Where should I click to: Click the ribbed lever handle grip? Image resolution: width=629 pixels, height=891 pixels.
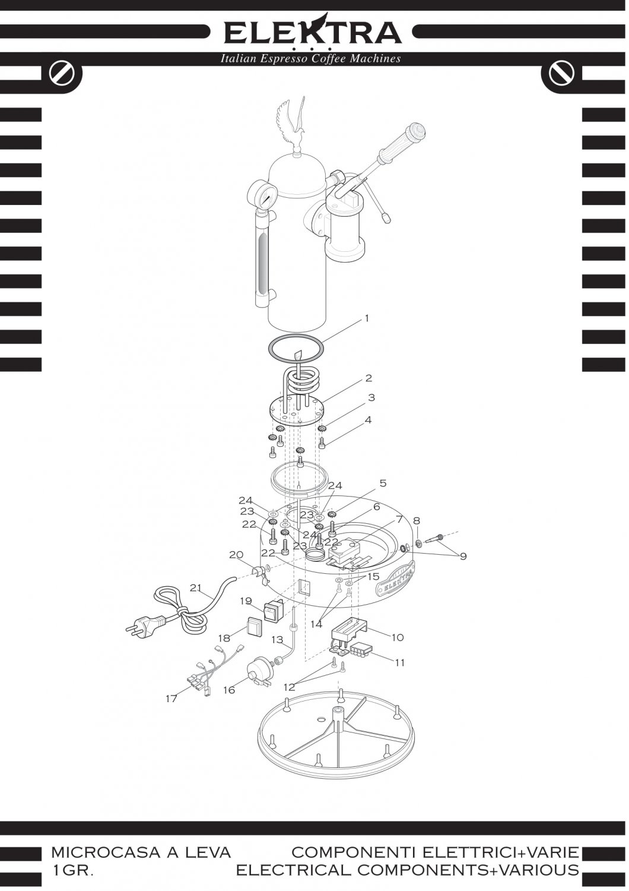pos(404,143)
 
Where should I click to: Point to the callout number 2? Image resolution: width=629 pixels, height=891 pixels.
pos(368,378)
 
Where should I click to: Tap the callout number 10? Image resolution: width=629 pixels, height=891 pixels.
pos(398,637)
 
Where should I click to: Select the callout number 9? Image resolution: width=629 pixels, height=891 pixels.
pos(463,556)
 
